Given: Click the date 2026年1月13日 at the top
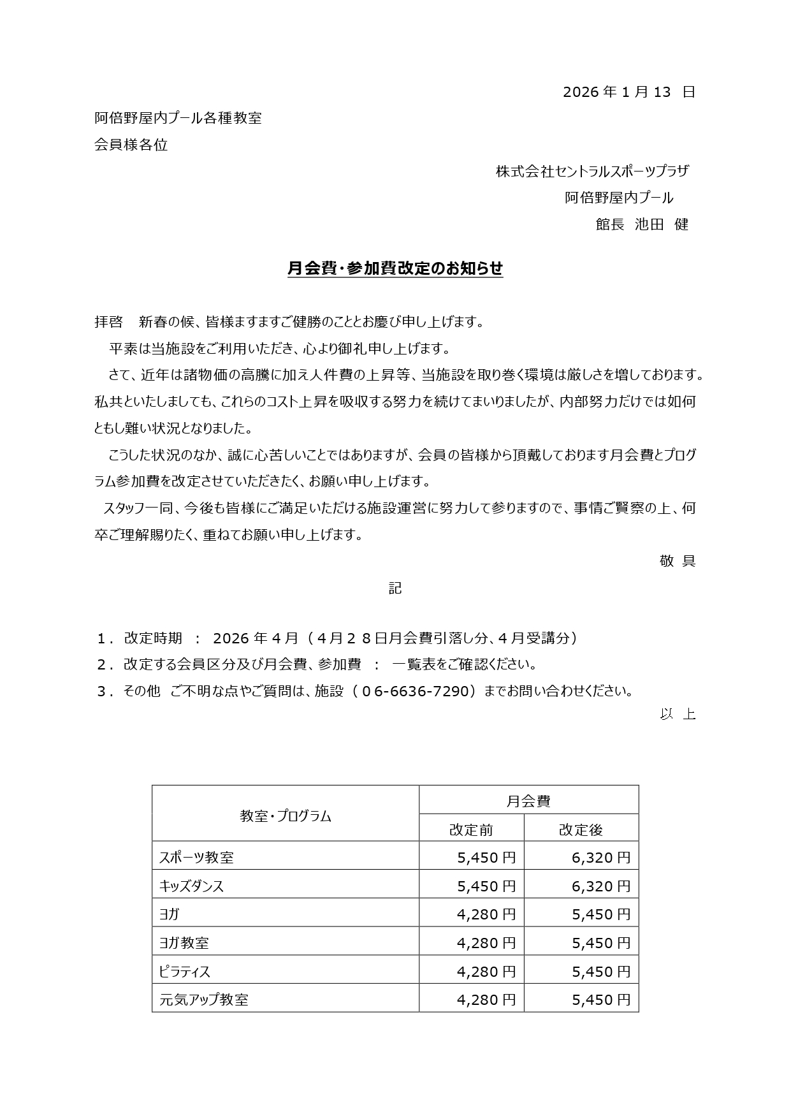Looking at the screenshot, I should pos(628,92).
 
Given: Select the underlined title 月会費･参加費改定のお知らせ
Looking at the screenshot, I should pos(395,269).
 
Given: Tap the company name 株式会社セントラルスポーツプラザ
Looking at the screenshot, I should pos(592,172).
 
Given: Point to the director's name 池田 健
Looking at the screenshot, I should pos(661,224).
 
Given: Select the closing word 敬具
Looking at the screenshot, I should pos(677,561).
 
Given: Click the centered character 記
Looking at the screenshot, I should pos(395,588).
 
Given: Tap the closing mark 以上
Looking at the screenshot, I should pos(677,714).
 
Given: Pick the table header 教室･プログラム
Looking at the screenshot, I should pos(286,816).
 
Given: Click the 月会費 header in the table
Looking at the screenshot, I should pos(528,801).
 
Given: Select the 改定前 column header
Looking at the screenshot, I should pos(471,830).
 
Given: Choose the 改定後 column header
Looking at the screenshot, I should pos(581,830).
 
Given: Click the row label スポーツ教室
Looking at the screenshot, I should pos(196,858).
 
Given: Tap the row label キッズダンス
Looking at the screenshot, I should pos(191,886).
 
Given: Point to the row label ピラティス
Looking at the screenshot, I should pos(185,972).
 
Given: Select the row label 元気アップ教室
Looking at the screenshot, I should pos(203,1000).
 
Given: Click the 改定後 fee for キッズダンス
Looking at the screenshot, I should pos(600,886).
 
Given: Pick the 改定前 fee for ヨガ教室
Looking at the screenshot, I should pos(486,943).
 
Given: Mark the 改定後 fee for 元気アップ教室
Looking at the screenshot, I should pos(600,1000).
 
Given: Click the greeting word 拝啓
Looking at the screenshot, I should pos(108,323).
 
